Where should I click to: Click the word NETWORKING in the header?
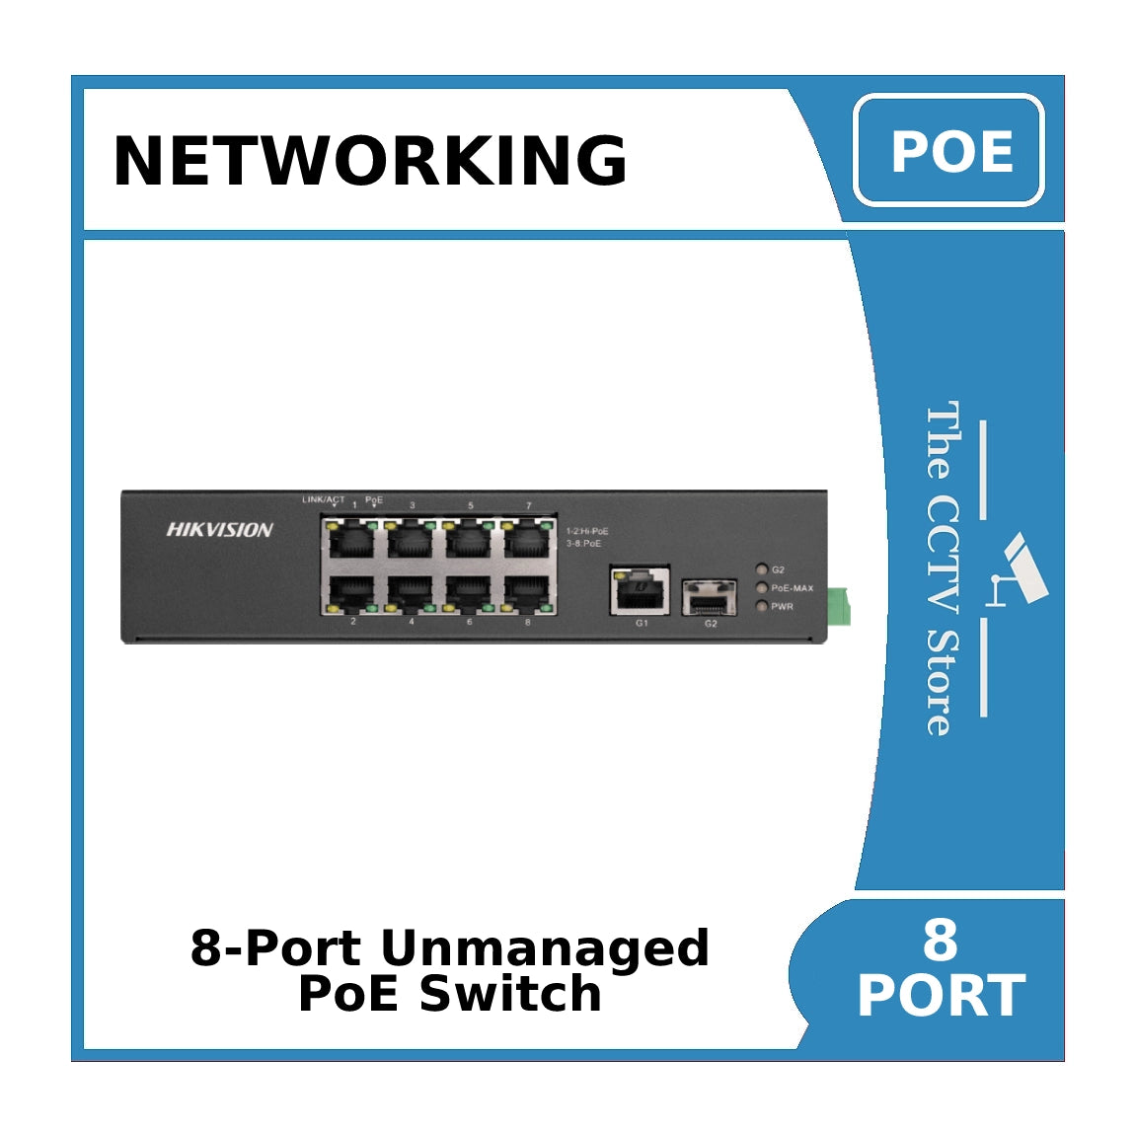point(370,160)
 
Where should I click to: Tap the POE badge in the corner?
point(949,151)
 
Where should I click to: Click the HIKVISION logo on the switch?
point(219,530)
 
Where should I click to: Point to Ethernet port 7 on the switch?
point(528,540)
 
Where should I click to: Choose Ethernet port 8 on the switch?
point(528,591)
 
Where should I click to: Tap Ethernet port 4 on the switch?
point(412,591)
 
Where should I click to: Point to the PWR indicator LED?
point(761,606)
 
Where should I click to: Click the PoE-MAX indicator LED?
point(761,588)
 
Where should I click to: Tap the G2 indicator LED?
point(761,569)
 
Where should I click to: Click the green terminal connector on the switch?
point(839,606)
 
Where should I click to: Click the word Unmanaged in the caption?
point(544,947)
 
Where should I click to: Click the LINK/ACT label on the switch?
point(323,500)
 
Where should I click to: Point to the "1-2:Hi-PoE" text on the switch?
point(587,531)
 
